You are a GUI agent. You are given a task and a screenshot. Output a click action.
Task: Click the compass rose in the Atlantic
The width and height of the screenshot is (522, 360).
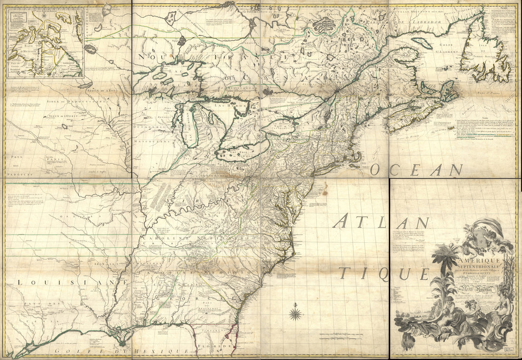point(296,314)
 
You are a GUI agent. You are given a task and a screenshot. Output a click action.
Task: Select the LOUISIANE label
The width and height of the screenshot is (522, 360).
point(71,282)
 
